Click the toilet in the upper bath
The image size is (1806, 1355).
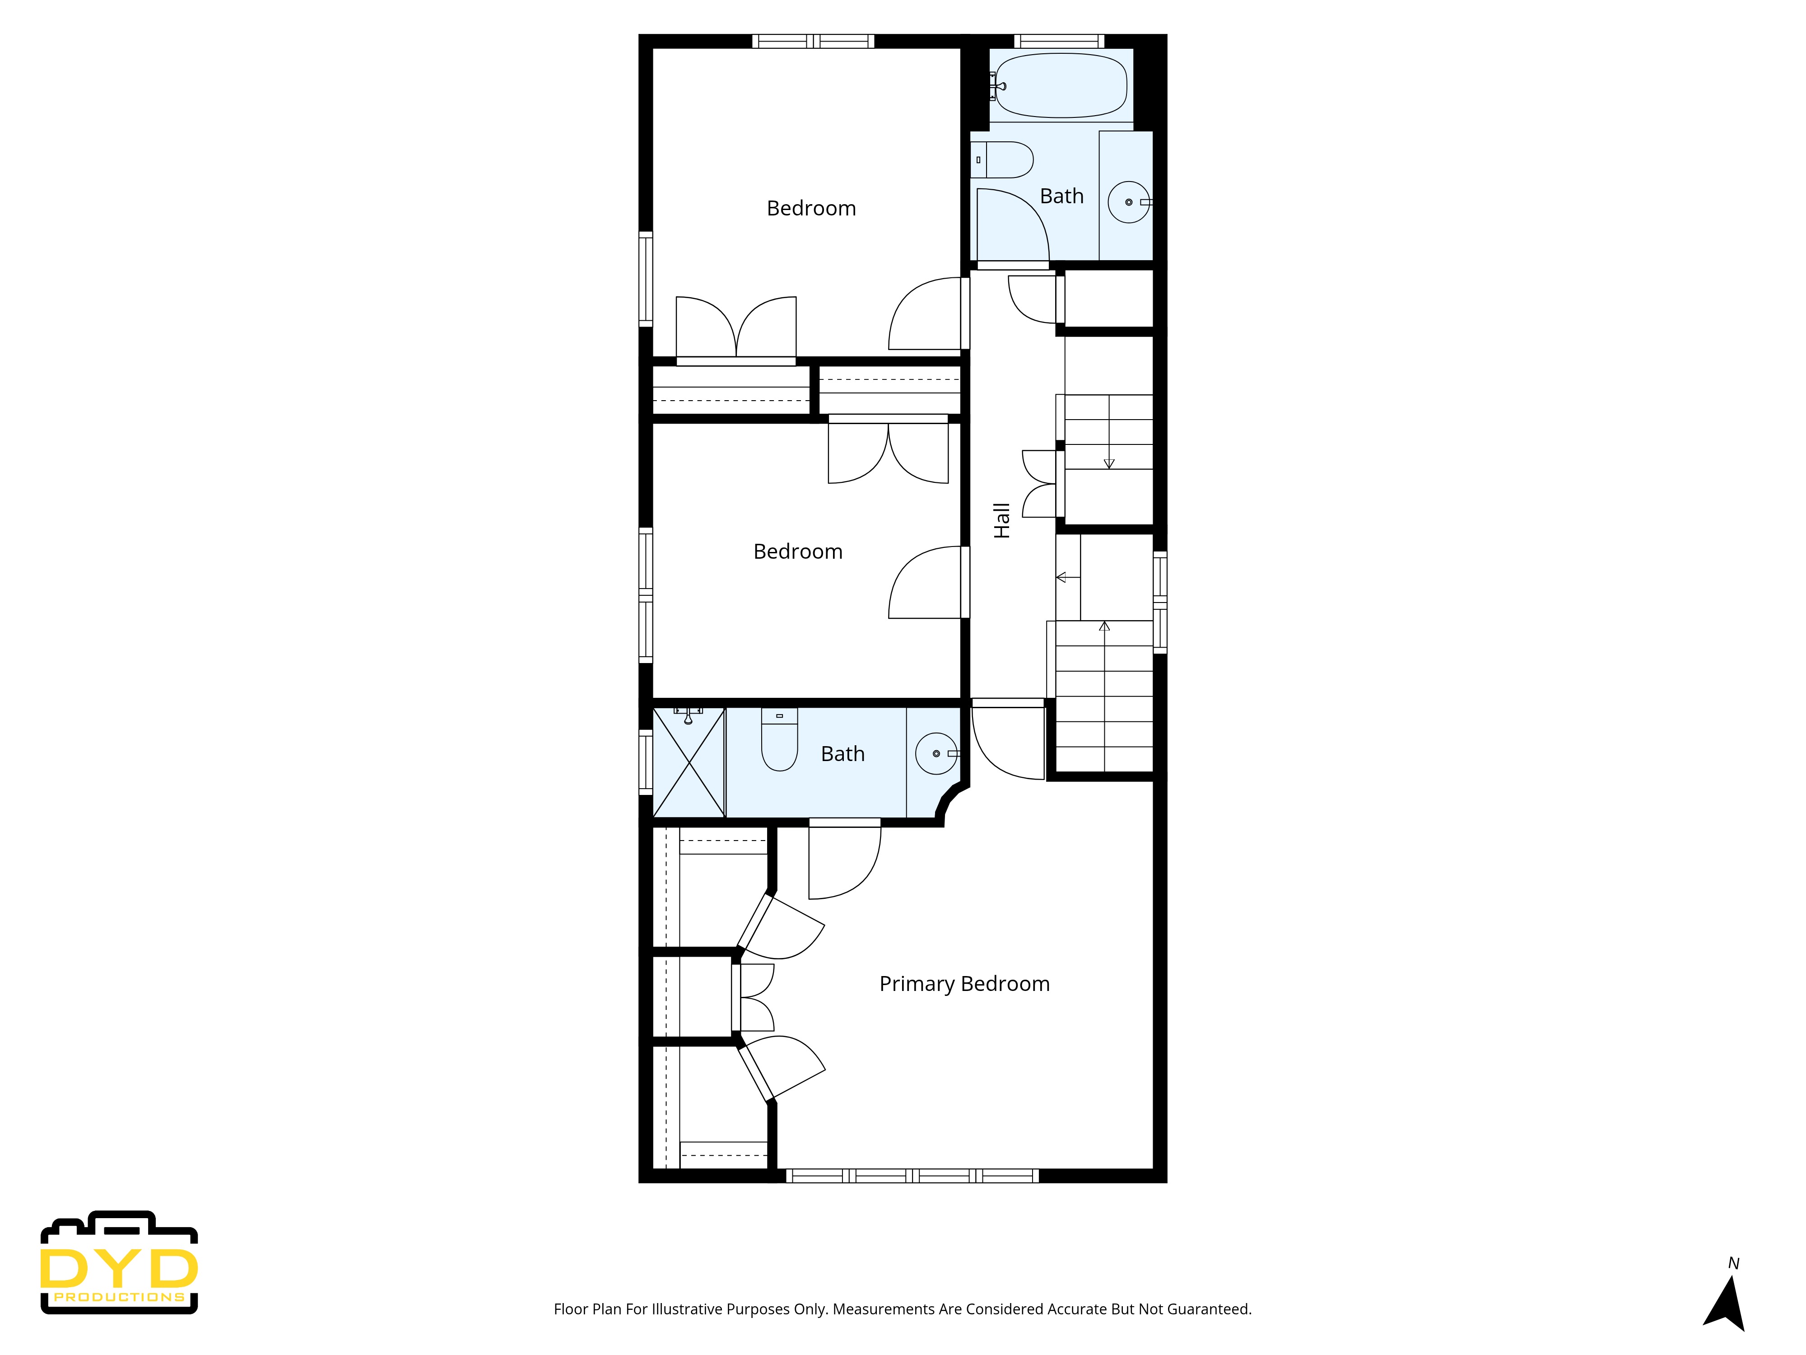click(x=1003, y=160)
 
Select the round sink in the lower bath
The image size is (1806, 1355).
click(x=936, y=753)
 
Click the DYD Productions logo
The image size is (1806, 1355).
click(x=119, y=1263)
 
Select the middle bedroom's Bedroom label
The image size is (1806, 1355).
click(x=798, y=551)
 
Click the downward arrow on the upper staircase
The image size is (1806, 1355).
click(x=1109, y=463)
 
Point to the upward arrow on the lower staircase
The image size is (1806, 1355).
click(x=1104, y=626)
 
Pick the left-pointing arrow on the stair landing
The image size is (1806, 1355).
click(x=1061, y=577)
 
